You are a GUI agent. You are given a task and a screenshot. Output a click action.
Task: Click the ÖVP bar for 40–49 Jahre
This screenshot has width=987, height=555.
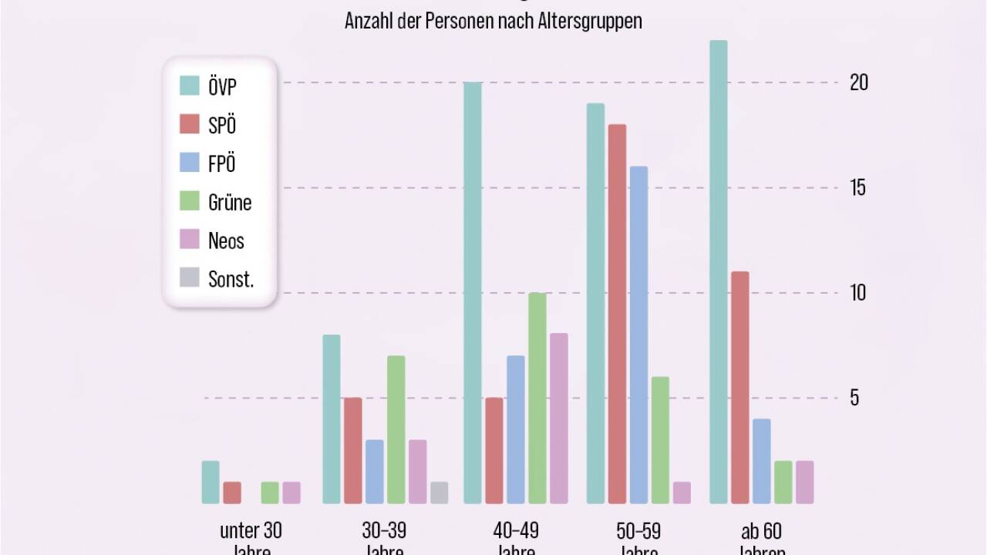[473, 293]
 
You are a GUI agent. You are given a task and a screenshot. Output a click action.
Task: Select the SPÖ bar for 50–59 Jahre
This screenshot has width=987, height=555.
[616, 314]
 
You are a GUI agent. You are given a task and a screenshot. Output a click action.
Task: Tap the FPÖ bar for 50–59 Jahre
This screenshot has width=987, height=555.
[638, 335]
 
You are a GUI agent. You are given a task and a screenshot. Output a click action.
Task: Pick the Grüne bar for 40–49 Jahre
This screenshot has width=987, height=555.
[537, 398]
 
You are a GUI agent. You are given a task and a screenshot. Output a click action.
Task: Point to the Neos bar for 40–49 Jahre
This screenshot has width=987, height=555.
[559, 419]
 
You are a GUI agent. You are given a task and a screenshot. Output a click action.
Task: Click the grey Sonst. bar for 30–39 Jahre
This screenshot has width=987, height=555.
[439, 493]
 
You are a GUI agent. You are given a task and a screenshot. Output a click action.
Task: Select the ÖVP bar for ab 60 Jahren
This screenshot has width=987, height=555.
[718, 272]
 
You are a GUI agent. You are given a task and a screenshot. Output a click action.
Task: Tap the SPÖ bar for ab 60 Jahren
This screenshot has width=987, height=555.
[739, 387]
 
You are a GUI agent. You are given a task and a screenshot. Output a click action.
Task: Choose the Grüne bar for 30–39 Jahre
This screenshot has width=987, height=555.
[396, 429]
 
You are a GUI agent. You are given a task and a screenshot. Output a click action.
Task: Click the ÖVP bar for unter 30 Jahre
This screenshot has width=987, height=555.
[211, 482]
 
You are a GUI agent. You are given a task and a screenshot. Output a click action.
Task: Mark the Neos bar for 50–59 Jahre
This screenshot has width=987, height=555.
[682, 493]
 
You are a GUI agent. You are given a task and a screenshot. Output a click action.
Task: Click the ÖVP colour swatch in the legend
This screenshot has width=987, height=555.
[189, 86]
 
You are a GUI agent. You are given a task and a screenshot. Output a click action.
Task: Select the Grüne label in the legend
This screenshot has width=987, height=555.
[230, 202]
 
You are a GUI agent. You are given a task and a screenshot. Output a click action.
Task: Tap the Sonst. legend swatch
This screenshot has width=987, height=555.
[189, 278]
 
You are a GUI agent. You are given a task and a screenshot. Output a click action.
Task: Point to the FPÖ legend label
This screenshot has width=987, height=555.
[221, 163]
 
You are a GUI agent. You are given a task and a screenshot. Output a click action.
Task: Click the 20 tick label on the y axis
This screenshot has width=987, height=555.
[858, 82]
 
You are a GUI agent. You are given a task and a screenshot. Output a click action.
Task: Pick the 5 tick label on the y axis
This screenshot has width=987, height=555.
[854, 398]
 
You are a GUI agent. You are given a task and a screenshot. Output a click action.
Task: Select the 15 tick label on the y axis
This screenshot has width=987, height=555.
[857, 187]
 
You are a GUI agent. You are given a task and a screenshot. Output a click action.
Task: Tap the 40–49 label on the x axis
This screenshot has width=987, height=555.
[516, 530]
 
